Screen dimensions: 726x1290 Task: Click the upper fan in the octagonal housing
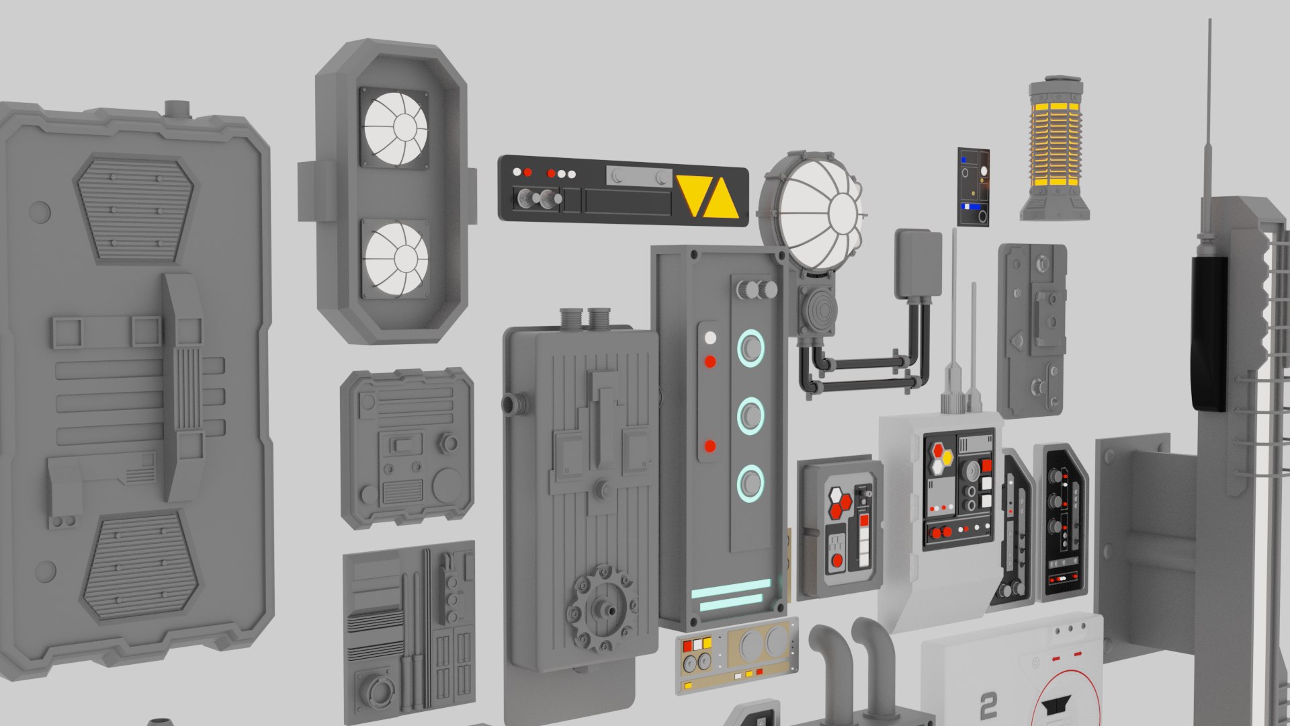tap(395, 128)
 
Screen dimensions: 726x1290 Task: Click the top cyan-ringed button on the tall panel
tap(750, 348)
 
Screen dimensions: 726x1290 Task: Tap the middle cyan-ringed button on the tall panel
tap(750, 415)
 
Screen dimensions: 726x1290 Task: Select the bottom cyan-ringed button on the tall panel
tap(750, 483)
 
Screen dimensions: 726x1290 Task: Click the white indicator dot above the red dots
tap(710, 337)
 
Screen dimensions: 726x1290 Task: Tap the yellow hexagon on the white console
tap(947, 457)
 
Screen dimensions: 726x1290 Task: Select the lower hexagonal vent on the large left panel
tap(141, 565)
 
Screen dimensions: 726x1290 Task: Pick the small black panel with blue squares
tap(973, 187)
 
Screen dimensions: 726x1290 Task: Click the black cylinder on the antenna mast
tap(1209, 333)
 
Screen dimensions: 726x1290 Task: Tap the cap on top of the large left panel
tap(177, 109)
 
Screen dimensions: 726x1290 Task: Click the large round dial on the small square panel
tap(446, 485)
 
